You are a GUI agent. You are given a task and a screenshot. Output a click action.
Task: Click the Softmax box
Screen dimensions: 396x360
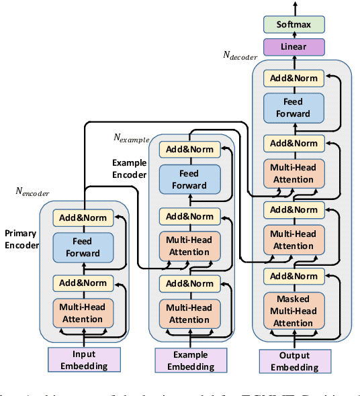(294, 25)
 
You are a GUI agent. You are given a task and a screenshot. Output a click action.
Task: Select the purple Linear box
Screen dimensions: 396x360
(294, 46)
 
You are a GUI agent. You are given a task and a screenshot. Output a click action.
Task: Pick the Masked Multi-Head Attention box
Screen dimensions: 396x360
(294, 311)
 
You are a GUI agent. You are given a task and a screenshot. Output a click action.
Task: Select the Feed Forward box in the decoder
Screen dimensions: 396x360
(294, 108)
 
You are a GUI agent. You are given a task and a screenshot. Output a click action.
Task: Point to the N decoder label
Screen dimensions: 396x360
(240, 56)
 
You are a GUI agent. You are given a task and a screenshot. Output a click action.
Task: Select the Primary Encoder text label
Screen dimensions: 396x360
(21, 240)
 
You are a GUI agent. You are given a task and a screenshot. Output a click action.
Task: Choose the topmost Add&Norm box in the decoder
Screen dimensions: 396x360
(294, 78)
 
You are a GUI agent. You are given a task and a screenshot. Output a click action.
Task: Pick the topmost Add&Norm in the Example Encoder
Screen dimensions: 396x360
(189, 149)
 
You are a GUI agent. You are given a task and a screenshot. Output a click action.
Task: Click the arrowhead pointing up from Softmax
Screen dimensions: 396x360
(294, 5)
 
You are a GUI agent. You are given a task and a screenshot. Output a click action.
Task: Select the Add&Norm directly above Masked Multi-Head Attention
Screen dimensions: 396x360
(294, 276)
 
